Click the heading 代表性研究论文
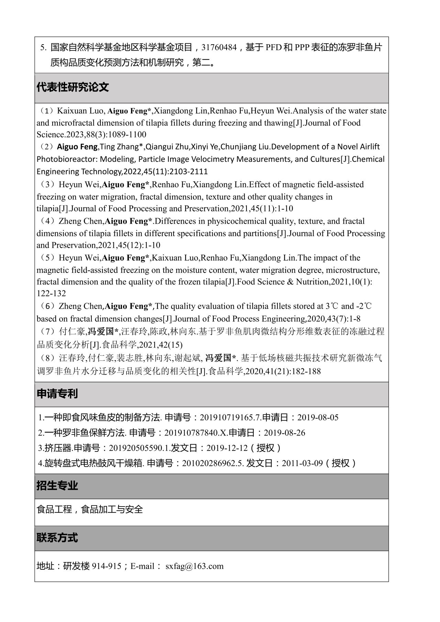[x=73, y=87]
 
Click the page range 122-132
[x=51, y=293]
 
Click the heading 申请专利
[x=57, y=394]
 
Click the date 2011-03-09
[x=302, y=463]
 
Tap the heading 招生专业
[x=57, y=486]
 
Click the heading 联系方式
[x=57, y=538]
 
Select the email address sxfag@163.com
[x=194, y=566]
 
